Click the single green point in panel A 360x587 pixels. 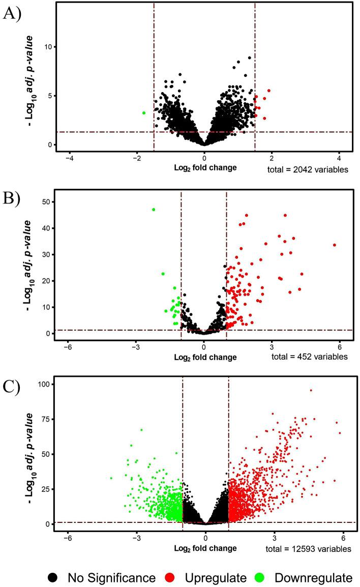[144, 113]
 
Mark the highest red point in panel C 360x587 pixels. [311, 391]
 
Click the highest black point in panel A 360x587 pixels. [249, 58]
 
